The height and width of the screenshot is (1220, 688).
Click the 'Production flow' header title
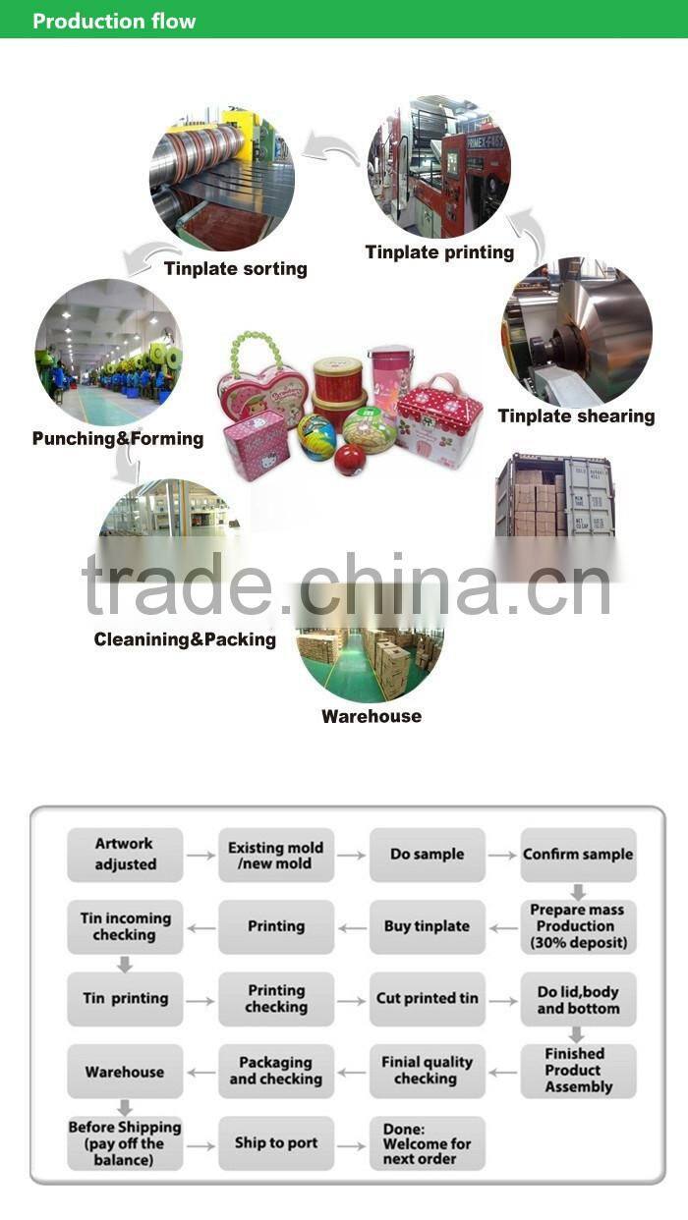114,21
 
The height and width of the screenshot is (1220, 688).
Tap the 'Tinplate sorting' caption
235,268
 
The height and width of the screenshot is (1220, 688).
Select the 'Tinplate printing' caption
439,252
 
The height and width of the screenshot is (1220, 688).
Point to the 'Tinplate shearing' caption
576,416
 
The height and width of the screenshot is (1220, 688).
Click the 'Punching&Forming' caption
118,438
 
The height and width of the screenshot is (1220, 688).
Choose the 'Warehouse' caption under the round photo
372,716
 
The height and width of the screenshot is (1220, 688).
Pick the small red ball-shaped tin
349,459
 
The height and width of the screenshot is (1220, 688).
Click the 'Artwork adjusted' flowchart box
125,855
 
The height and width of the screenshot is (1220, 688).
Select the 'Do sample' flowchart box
427,855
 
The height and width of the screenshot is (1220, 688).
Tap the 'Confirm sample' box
578,855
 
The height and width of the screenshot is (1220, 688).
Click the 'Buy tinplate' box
427,926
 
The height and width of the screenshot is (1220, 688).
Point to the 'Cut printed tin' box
427,999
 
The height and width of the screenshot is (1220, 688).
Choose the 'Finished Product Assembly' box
578,1071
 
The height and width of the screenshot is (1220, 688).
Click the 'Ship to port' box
276,1142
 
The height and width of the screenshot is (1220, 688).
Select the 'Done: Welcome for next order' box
427,1143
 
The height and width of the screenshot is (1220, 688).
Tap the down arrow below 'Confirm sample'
578,892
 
